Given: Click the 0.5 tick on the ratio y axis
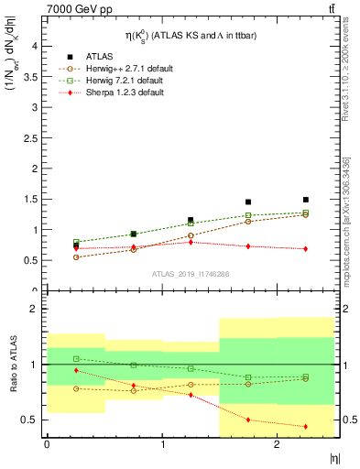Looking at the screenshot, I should pyautogui.click(x=32, y=420).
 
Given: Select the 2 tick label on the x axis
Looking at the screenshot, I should pyautogui.click(x=277, y=443).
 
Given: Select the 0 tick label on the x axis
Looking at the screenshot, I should pyautogui.click(x=47, y=443).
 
